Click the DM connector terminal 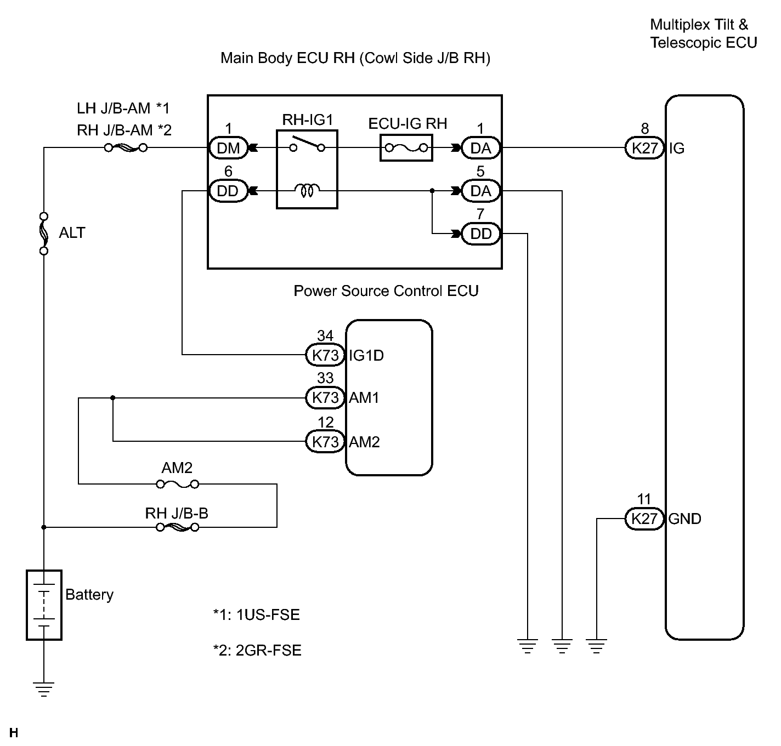click(x=228, y=148)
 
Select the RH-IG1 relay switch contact click(x=307, y=145)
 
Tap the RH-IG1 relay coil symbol click(x=307, y=191)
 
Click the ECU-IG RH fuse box click(x=406, y=148)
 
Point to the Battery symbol click(x=44, y=605)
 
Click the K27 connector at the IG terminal click(x=644, y=148)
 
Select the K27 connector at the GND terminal click(x=644, y=519)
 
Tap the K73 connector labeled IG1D click(x=325, y=355)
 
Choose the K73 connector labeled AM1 click(x=325, y=397)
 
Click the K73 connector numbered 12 click(x=325, y=442)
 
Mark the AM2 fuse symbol click(x=177, y=485)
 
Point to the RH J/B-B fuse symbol click(x=177, y=527)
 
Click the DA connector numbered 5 click(x=481, y=191)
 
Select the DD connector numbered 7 click(x=481, y=234)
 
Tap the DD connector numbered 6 click(x=228, y=191)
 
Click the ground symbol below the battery click(x=44, y=689)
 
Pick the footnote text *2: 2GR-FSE click(x=257, y=650)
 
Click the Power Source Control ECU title click(x=386, y=291)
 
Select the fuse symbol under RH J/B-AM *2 click(x=126, y=148)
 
